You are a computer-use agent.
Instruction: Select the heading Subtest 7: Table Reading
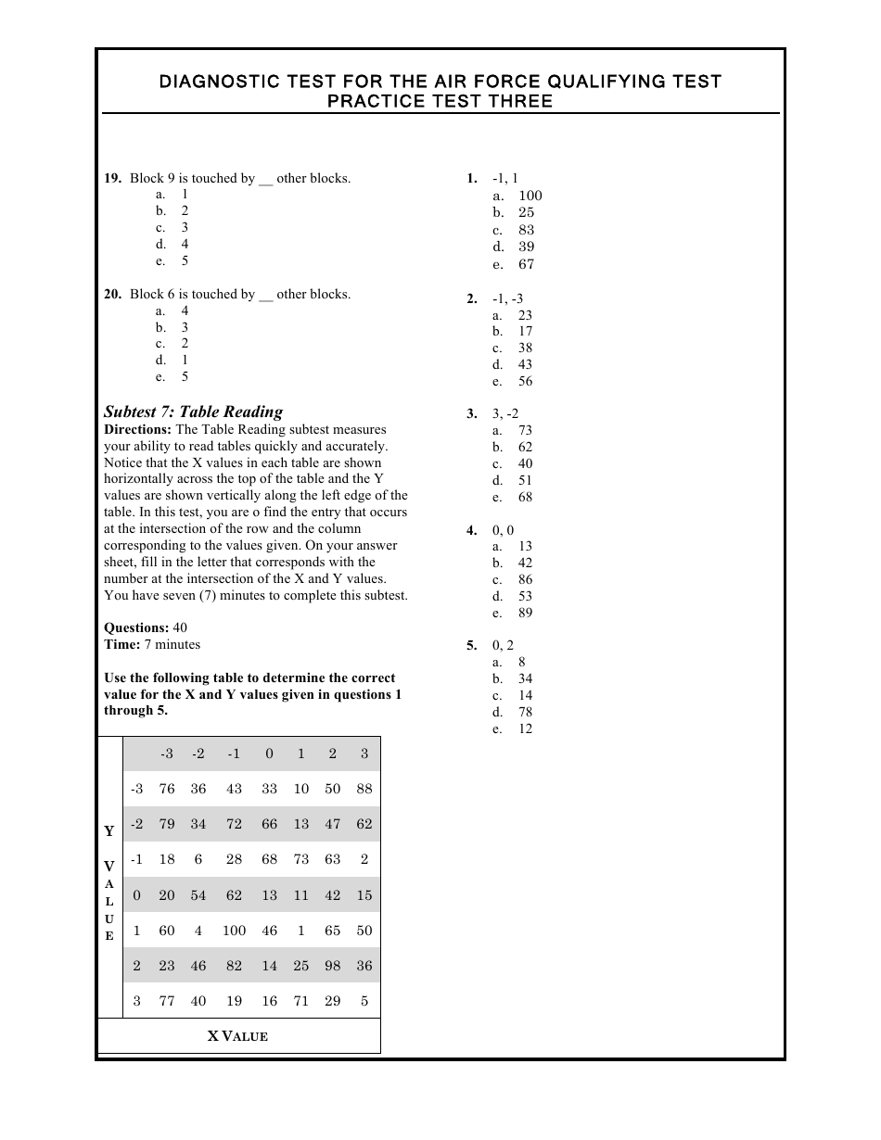pos(193,412)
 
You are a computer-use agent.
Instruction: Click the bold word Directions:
pos(137,429)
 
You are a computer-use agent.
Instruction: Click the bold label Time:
pos(121,644)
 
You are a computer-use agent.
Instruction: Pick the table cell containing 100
pos(234,931)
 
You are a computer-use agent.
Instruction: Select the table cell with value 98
pos(332,966)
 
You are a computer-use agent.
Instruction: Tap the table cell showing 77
pos(167,1001)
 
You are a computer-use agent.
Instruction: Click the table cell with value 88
pos(364,789)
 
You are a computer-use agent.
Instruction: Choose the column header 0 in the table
pos(269,754)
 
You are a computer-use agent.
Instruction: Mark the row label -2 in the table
pos(136,824)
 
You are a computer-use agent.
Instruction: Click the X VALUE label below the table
pos(237,1036)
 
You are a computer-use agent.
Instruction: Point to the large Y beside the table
pos(109,831)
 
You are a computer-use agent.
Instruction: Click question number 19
pos(112,178)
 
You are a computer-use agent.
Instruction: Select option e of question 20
pos(172,376)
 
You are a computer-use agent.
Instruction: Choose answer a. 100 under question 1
pos(518,196)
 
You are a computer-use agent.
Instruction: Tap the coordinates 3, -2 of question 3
pos(505,413)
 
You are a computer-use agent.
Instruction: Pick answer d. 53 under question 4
pos(513,596)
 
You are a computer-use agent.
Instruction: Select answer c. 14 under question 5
pos(513,695)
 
